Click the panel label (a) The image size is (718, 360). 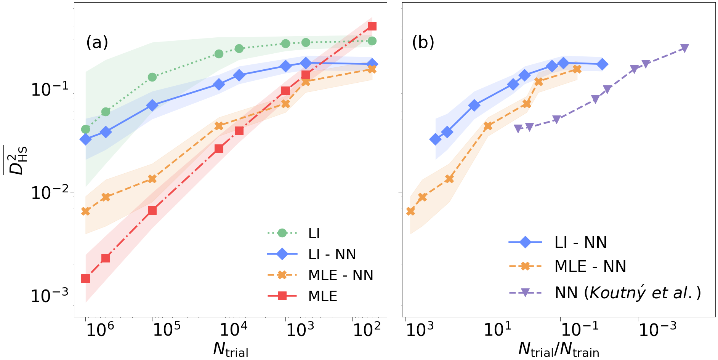pyautogui.click(x=97, y=42)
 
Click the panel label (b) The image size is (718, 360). pyautogui.click(x=423, y=42)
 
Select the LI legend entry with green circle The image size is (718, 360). pyautogui.click(x=314, y=233)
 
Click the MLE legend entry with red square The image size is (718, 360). pyautogui.click(x=322, y=296)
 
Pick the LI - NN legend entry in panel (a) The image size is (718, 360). pyautogui.click(x=332, y=254)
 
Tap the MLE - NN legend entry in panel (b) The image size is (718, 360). pyautogui.click(x=590, y=266)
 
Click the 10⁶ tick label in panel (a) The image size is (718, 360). pyautogui.click(x=101, y=330)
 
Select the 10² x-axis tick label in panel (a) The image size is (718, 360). pyautogui.click(x=367, y=330)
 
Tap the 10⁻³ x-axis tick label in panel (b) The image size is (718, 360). pyautogui.click(x=657, y=330)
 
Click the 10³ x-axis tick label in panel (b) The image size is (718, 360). pyautogui.click(x=420, y=330)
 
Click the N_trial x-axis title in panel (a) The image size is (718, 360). pyautogui.click(x=231, y=349)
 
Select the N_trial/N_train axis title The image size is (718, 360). pyautogui.click(x=559, y=349)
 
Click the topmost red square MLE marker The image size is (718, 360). pyautogui.click(x=372, y=26)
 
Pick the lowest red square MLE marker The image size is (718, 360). pyautogui.click(x=85, y=279)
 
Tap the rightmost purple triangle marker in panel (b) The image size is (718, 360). pyautogui.click(x=684, y=48)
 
